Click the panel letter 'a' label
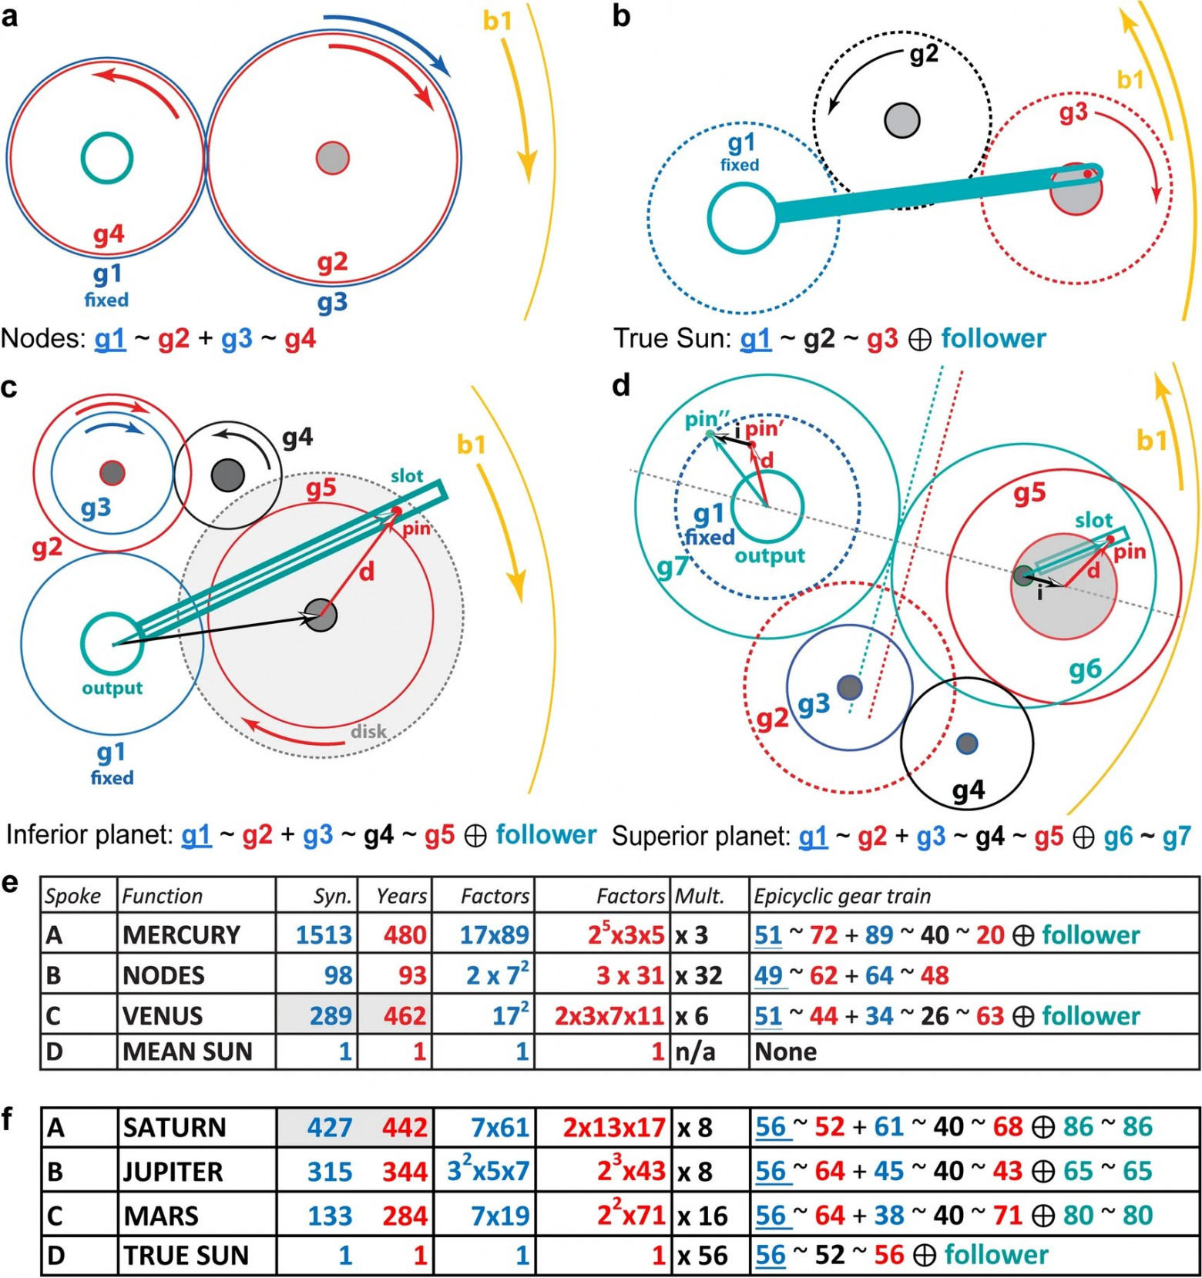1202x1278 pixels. pyautogui.click(x=10, y=15)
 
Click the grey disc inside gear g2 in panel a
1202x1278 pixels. pyautogui.click(x=333, y=158)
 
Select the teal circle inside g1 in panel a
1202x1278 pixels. pyautogui.click(x=107, y=158)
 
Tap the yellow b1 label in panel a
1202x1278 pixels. pyautogui.click(x=497, y=21)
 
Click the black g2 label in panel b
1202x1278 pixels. pyautogui.click(x=924, y=54)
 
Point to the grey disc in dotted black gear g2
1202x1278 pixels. pyautogui.click(x=901, y=120)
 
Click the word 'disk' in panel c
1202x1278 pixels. pyautogui.click(x=368, y=731)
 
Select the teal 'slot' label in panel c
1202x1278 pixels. pyautogui.click(x=406, y=476)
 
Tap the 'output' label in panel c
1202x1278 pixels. pyautogui.click(x=112, y=688)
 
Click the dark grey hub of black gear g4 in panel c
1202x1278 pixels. pyautogui.click(x=228, y=475)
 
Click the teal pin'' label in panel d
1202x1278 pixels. pyautogui.click(x=707, y=420)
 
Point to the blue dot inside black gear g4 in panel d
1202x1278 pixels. pyautogui.click(x=967, y=743)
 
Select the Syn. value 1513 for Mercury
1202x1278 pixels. pyautogui.click(x=324, y=935)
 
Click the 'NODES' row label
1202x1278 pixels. pyautogui.click(x=163, y=975)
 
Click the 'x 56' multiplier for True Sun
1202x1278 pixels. pyautogui.click(x=702, y=1256)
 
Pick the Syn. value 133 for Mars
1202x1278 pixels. pyautogui.click(x=330, y=1216)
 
